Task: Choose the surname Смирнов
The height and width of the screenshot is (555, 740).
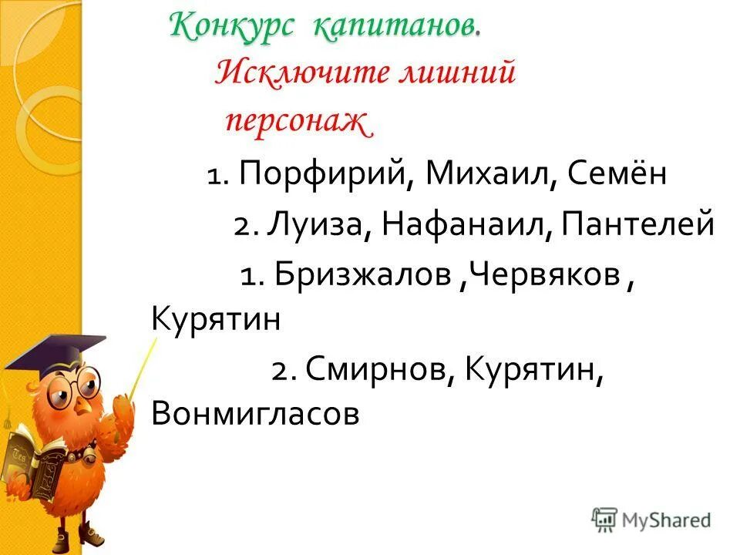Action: [x=372, y=370]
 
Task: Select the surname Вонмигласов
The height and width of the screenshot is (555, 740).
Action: [x=257, y=414]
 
